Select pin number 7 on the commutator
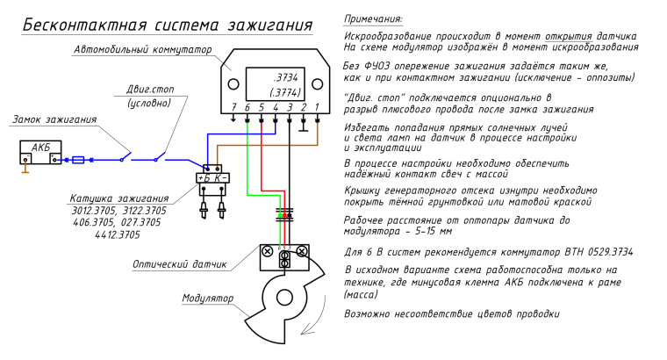pyautogui.click(x=233, y=106)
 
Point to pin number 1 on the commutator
pyautogui.click(x=317, y=106)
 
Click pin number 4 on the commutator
pyautogui.click(x=276, y=106)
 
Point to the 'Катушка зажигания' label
pyautogui.click(x=115, y=199)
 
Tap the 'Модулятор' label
pyautogui.click(x=207, y=298)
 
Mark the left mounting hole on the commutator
pyautogui.click(x=234, y=84)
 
